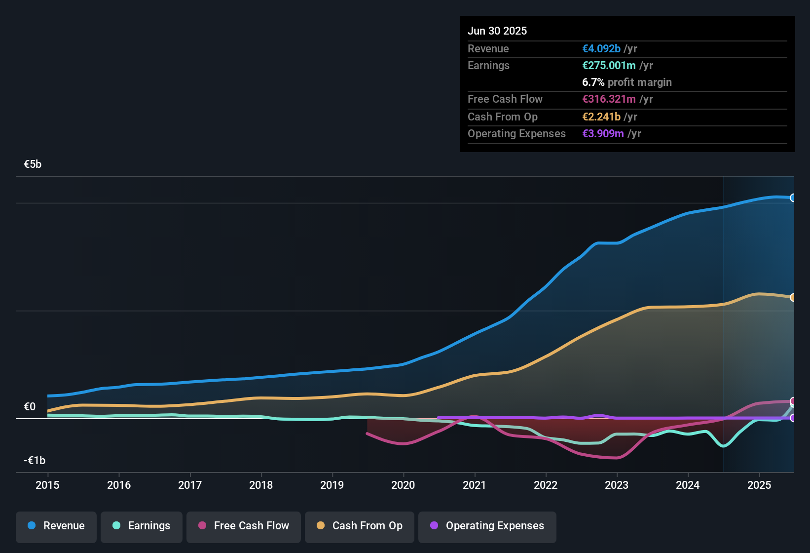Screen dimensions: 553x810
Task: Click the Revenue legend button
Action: point(56,526)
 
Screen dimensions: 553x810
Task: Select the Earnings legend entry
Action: point(142,526)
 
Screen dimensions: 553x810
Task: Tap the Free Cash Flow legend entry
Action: point(244,526)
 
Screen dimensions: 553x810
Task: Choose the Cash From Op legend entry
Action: point(360,526)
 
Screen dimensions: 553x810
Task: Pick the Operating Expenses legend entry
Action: point(487,526)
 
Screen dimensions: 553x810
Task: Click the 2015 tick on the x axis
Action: point(47,485)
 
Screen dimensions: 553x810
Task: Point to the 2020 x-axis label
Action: point(403,485)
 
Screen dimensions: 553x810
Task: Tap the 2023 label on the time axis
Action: point(617,485)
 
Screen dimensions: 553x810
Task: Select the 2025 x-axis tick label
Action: point(759,485)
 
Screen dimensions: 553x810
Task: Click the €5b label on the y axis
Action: point(33,164)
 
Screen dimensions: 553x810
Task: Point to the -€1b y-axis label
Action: point(35,461)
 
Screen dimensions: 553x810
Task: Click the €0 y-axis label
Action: point(30,407)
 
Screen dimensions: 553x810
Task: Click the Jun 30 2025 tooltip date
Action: point(497,31)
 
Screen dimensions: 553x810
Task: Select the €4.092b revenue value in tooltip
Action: point(601,48)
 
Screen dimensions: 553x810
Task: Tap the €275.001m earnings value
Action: point(609,65)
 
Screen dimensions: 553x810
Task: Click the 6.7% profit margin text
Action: point(627,82)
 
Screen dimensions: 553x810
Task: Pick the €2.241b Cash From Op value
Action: point(601,117)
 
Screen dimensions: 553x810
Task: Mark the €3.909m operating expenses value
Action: point(603,133)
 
